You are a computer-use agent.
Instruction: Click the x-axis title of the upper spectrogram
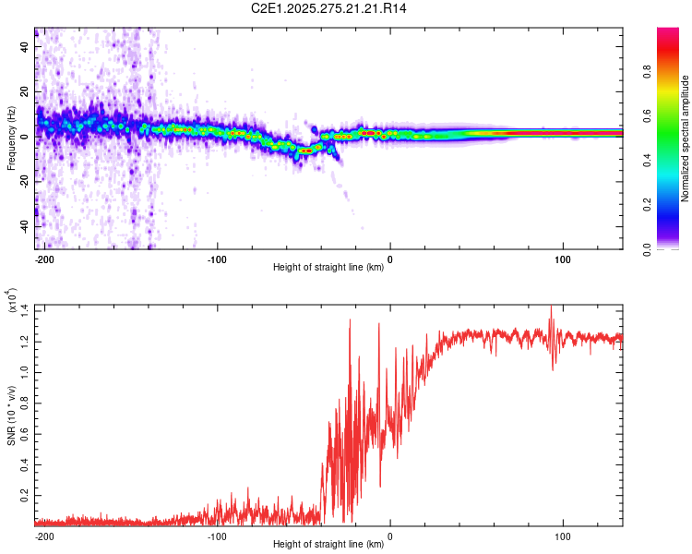click(328, 268)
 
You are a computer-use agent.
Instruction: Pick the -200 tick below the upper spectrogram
click(41, 259)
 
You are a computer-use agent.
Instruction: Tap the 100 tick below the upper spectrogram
click(563, 259)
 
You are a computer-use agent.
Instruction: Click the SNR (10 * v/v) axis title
click(10, 414)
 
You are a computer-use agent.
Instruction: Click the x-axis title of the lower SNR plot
click(328, 544)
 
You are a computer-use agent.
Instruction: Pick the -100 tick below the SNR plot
click(217, 536)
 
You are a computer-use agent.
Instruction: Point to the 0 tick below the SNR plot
click(389, 536)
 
